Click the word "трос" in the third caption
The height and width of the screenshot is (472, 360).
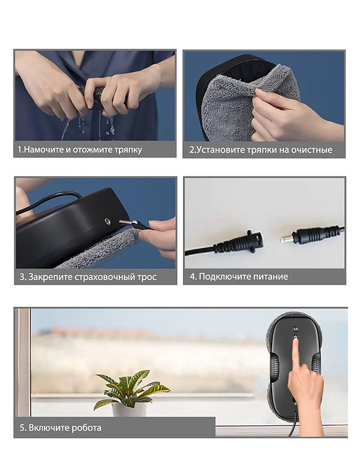point(147,277)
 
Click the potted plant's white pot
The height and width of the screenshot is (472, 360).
point(129,409)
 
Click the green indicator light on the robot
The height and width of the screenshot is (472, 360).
point(295,404)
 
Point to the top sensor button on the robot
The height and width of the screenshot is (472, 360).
point(295,328)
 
